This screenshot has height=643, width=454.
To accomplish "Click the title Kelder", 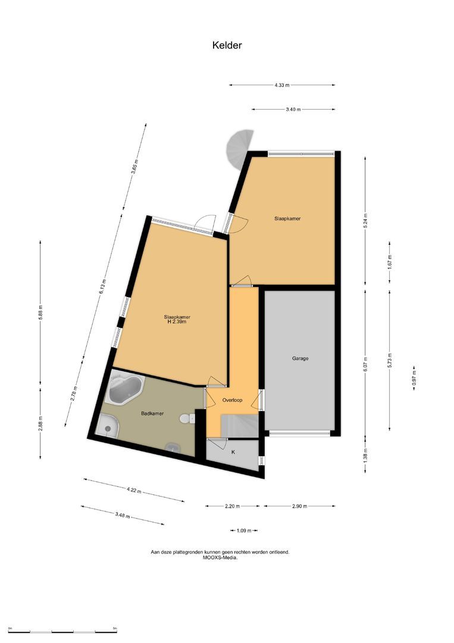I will (227, 45).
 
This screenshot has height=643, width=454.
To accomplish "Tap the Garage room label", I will (300, 358).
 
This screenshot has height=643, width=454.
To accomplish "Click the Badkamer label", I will (153, 413).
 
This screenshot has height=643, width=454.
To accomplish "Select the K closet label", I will (233, 452).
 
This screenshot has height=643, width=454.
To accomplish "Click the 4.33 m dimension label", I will (282, 85).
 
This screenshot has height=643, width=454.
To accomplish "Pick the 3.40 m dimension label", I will (293, 110).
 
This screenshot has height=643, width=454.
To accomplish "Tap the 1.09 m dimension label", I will (243, 530).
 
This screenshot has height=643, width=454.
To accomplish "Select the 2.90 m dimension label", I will (299, 506).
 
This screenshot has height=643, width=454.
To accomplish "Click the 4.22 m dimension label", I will (134, 491).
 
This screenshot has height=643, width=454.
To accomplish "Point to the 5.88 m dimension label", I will (40, 313).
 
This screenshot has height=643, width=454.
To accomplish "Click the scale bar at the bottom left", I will (62, 629).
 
